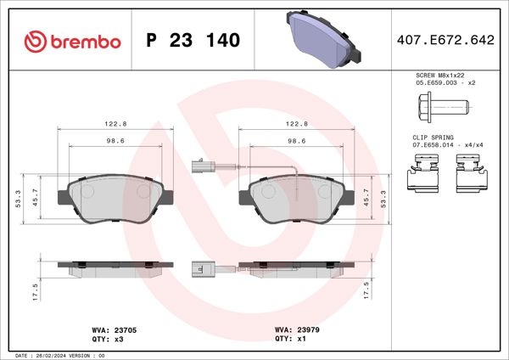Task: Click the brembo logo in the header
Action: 72,41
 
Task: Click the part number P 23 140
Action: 193,41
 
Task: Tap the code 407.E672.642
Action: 445,41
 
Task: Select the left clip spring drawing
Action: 422,177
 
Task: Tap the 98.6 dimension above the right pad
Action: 297,142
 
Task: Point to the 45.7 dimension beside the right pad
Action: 366,197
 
